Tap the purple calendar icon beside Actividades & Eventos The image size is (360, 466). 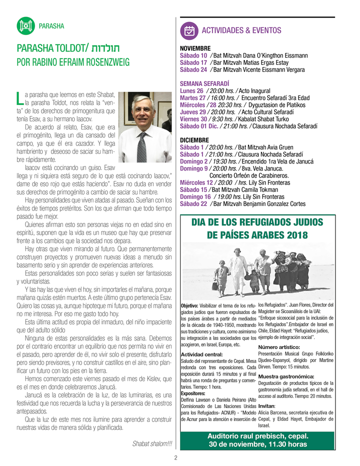click(189, 30)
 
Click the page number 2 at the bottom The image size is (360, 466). click(176, 457)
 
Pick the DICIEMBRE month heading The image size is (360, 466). click(195, 140)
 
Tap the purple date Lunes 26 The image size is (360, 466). click(191, 91)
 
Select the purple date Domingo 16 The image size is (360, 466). click(194, 197)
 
